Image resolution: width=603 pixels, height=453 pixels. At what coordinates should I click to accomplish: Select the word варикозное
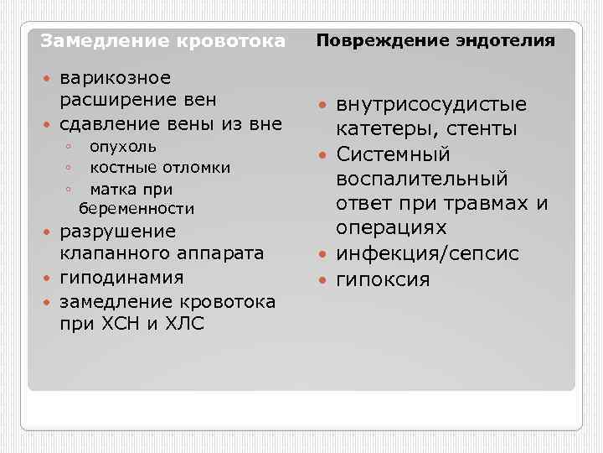(116, 78)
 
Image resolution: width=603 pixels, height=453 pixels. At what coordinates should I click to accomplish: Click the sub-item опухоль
(123, 147)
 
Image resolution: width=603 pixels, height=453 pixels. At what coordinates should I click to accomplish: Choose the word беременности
(137, 208)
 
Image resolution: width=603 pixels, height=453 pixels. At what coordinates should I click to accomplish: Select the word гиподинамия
(121, 278)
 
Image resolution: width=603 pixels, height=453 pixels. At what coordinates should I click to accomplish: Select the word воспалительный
(422, 180)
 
